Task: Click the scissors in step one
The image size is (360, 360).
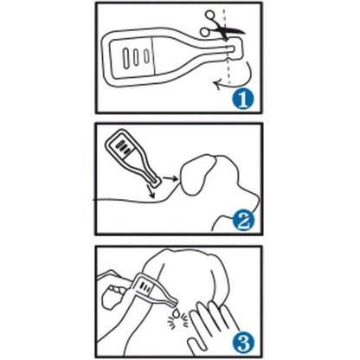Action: (x=222, y=27)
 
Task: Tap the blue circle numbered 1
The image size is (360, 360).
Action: (x=243, y=100)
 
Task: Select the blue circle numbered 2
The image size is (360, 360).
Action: (x=243, y=222)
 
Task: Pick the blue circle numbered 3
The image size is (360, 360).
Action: (x=243, y=343)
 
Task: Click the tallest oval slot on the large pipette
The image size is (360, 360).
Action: (x=126, y=58)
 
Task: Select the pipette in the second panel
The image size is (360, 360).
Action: (x=131, y=157)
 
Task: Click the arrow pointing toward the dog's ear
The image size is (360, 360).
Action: (x=170, y=178)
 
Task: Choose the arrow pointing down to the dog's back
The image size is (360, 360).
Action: (x=151, y=192)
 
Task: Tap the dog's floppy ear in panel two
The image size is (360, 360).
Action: (x=197, y=175)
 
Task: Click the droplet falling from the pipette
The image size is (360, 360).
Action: (x=176, y=312)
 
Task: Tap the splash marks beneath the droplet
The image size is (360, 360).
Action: (x=178, y=322)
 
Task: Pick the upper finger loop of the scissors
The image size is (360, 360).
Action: (x=209, y=16)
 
